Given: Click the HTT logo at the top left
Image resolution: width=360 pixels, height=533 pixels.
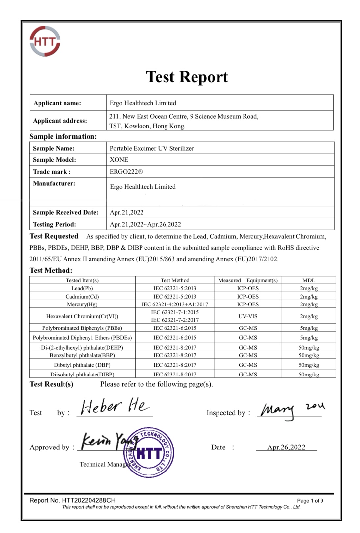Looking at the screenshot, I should [x=45, y=41].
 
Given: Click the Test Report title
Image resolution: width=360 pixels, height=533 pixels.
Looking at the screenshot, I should [x=187, y=77].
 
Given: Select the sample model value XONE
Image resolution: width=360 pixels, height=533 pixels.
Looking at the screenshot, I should [x=119, y=160].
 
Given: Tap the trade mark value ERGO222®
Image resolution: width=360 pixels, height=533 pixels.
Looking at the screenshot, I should [x=126, y=172].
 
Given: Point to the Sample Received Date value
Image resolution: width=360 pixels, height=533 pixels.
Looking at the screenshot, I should [x=126, y=212].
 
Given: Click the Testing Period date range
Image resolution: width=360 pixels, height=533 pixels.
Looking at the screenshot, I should [x=145, y=224].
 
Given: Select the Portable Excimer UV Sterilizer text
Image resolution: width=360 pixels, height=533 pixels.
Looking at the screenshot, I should [x=152, y=148].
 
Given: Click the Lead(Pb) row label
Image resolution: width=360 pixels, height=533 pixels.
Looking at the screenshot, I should [x=82, y=288].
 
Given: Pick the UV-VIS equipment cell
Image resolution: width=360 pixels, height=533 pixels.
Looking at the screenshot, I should [x=248, y=316].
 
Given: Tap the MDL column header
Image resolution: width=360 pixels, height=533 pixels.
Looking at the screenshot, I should [x=308, y=280].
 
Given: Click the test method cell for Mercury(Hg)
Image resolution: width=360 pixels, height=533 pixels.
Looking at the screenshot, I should [x=175, y=304].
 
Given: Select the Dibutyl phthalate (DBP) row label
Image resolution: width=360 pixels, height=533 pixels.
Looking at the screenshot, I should [x=82, y=365].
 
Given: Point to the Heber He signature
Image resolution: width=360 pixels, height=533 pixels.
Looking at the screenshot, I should [x=114, y=406].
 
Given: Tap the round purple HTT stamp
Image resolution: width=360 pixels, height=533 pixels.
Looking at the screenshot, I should [x=149, y=453].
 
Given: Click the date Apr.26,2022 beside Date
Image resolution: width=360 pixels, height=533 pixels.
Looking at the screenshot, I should [x=286, y=447].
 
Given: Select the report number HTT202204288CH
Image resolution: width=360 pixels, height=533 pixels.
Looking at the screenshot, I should [x=89, y=500].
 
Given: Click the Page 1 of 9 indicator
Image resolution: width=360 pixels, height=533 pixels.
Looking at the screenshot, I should [x=310, y=501].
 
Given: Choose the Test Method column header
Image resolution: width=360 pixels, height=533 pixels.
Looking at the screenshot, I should [x=175, y=280].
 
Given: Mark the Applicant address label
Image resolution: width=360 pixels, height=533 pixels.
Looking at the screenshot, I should [x=60, y=121].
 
